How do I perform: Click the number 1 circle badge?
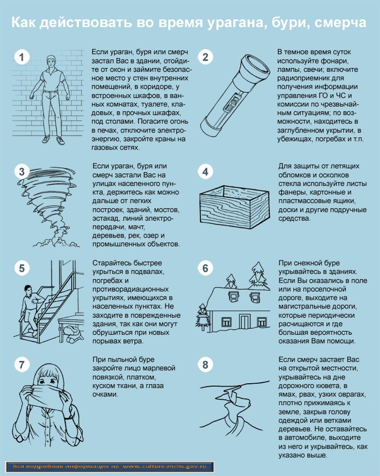tap(21, 58)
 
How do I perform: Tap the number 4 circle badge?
tap(205, 172)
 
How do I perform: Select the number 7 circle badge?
tap(21, 365)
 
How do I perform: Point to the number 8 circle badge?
tap(205, 365)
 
